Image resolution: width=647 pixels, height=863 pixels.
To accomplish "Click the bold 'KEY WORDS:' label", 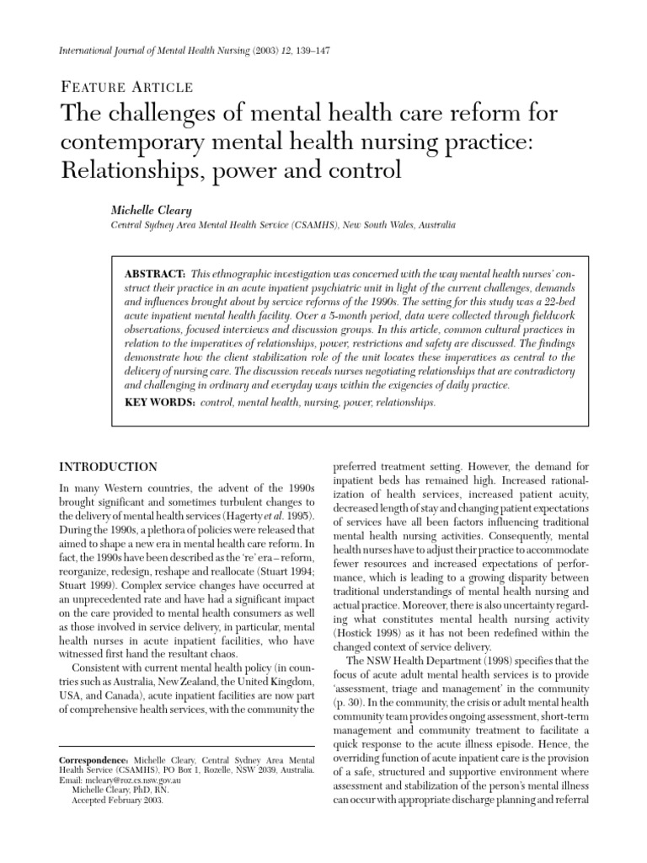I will point(158,404).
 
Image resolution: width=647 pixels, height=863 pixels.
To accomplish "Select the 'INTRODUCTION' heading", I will point(108,467).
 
